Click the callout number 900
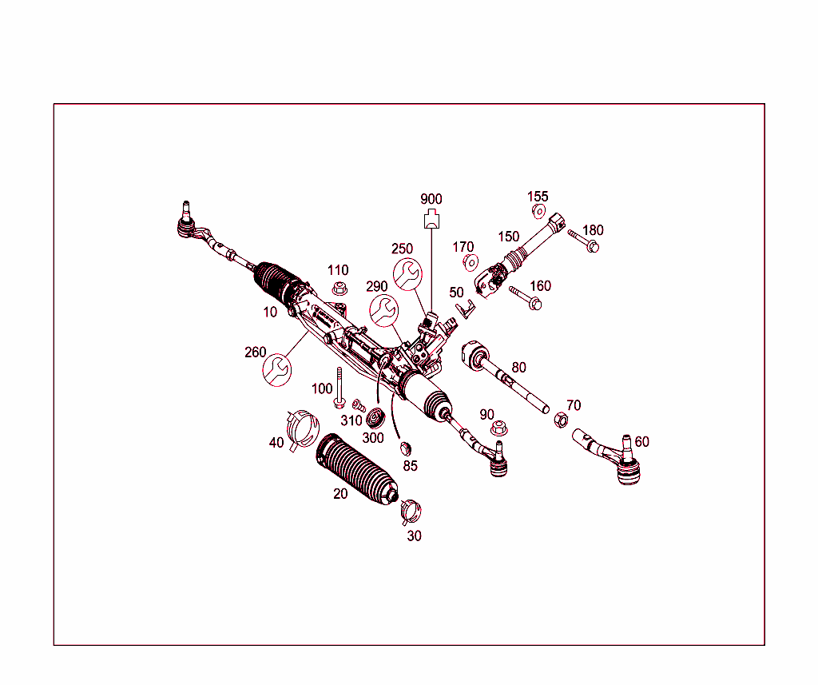point(431,199)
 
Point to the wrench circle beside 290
point(384,310)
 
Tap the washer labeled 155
point(538,212)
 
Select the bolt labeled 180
point(584,241)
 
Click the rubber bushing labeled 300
point(375,418)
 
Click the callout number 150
point(509,237)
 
